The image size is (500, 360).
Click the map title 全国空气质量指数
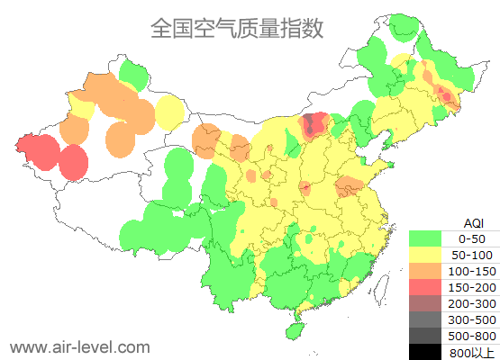pos(236,28)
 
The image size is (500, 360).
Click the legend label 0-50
pos(472,238)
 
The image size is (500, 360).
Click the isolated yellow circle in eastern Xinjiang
pos(169,112)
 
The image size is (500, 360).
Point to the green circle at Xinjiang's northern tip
pos(133,74)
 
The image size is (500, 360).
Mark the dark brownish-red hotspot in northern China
pos(314,125)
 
